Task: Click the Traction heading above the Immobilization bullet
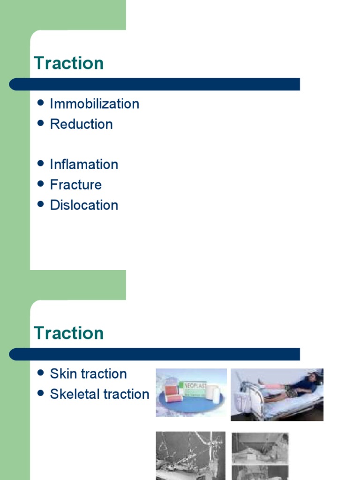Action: coord(69,63)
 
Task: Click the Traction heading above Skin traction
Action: coord(69,333)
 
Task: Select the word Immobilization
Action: coord(94,104)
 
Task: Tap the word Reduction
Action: coord(81,124)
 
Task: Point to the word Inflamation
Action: coord(84,165)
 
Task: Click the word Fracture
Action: coord(75,185)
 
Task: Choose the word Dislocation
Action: coord(84,205)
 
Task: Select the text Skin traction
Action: coord(88,374)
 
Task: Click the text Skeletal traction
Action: coord(99,394)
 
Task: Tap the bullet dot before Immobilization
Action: coord(40,103)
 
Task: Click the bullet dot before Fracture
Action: coord(40,184)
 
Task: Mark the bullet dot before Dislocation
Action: coord(40,204)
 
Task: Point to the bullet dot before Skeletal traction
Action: coord(40,393)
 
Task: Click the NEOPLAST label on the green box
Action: coord(195,386)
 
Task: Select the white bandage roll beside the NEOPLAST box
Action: coord(213,393)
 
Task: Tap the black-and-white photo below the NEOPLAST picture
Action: coord(190,456)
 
